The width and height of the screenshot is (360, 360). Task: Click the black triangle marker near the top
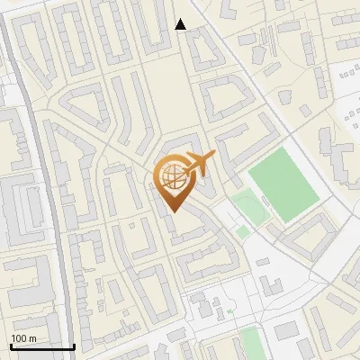[x=181, y=24]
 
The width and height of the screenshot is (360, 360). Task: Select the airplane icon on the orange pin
[x=197, y=164]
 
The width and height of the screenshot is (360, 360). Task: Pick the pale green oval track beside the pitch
[x=247, y=208]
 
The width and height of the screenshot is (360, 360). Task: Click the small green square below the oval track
[x=243, y=232]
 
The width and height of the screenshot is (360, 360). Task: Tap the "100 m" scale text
[x=23, y=338]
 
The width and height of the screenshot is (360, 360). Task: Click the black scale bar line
[x=42, y=346]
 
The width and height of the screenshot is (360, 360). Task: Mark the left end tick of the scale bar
[x=11, y=345]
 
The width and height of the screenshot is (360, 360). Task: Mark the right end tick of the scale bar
[x=74, y=345]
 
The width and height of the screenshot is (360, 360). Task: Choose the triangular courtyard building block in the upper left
[x=85, y=112]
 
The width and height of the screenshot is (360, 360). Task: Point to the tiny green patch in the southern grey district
[x=229, y=310]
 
